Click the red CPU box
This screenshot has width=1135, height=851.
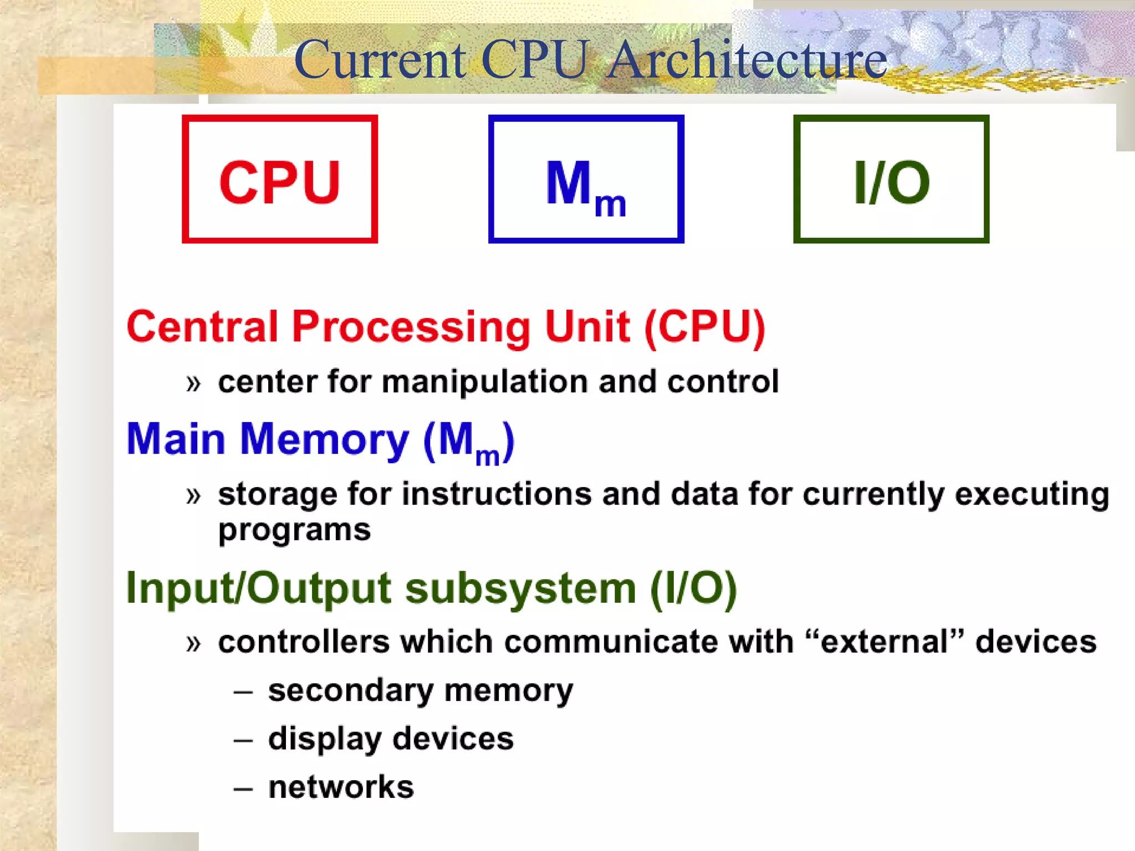click(x=280, y=179)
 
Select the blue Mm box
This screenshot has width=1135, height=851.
click(x=586, y=179)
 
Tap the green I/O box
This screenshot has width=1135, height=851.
click(x=891, y=179)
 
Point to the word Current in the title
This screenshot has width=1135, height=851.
click(x=380, y=59)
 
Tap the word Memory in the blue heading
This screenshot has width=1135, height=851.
click(x=324, y=439)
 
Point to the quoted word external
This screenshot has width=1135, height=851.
click(x=885, y=642)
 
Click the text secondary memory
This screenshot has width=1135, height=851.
click(x=421, y=691)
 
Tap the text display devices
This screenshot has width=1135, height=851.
click(x=391, y=739)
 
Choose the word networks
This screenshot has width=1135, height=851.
click(x=341, y=787)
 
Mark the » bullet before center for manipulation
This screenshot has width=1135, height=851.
click(x=193, y=383)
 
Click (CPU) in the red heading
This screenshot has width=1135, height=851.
click(x=704, y=327)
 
